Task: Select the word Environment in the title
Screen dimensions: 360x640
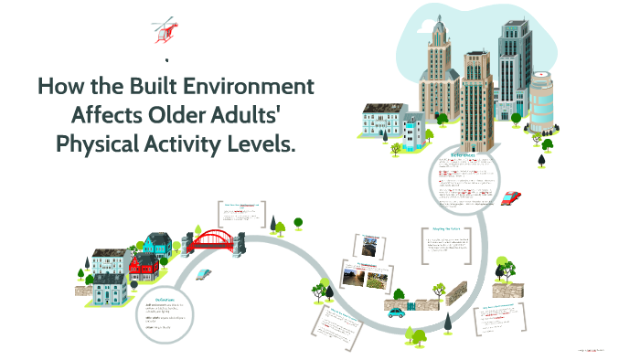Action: pos(258,88)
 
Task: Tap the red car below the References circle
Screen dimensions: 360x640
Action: pos(512,197)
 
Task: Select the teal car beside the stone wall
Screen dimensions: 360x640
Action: pos(396,312)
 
